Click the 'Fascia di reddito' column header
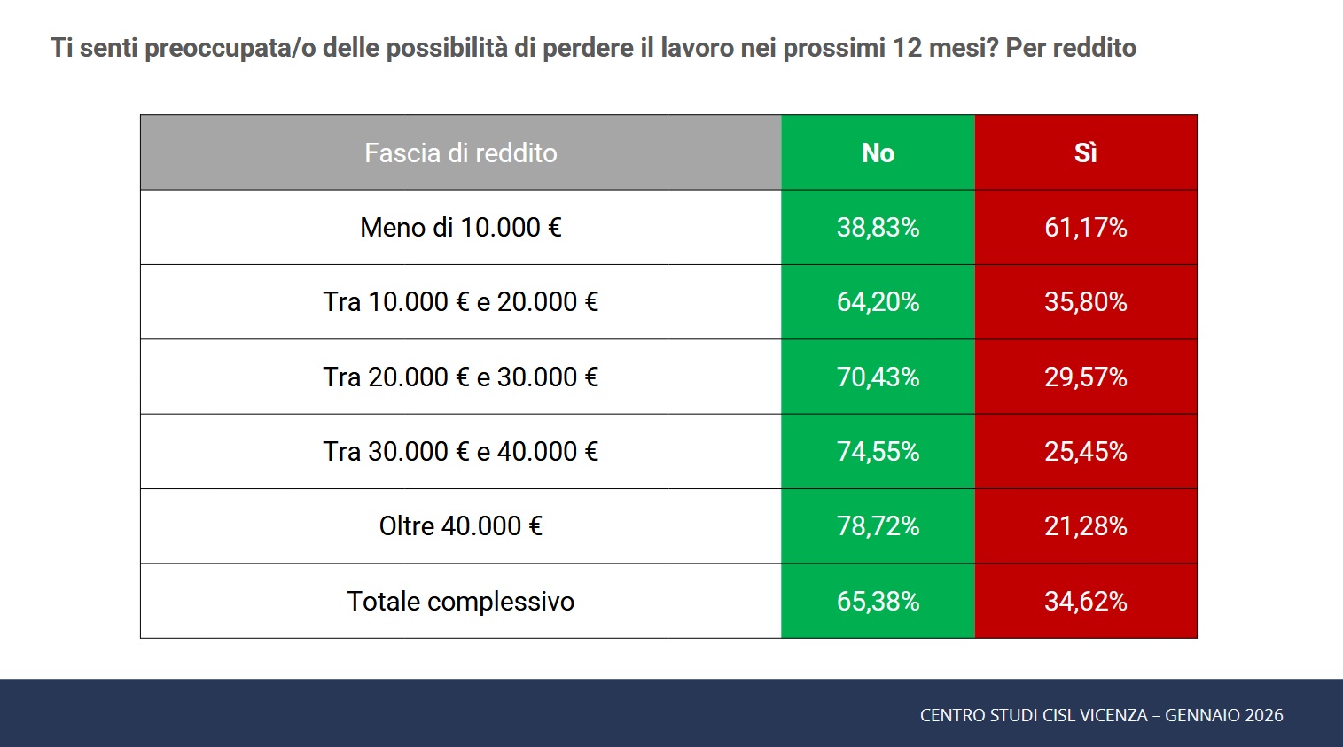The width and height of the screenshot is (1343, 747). [x=460, y=153]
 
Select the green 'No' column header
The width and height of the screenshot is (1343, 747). [x=878, y=153]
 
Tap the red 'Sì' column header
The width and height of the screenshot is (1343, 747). [x=1085, y=153]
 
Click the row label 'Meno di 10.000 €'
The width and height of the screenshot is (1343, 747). [x=460, y=228]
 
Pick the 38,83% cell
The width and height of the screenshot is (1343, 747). [x=878, y=228]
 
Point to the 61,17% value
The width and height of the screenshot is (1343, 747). [x=1085, y=228]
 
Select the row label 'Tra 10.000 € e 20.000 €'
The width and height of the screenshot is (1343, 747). [x=460, y=302]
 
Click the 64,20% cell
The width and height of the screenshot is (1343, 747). [x=878, y=302]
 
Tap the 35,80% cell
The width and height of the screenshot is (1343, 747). [x=1085, y=302]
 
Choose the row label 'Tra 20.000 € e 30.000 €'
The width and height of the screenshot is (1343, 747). [x=460, y=377]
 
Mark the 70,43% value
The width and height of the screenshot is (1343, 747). [x=878, y=377]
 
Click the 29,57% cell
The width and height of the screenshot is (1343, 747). [x=1085, y=377]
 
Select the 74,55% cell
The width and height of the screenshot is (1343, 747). [x=878, y=452]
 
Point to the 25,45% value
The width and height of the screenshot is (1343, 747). [x=1085, y=452]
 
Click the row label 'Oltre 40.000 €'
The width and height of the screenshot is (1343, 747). [x=460, y=526]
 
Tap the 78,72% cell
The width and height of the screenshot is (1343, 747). [x=878, y=526]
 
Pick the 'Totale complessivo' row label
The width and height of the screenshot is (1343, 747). [x=460, y=602]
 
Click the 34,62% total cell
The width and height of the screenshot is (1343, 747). [x=1085, y=602]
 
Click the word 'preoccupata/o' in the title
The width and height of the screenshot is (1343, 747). [x=230, y=48]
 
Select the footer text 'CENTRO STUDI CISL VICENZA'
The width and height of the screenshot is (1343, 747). [x=1034, y=715]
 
